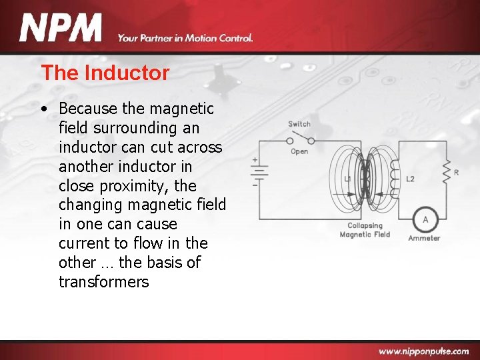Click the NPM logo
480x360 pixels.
[x=61, y=29]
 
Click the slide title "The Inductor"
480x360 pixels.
[x=105, y=73]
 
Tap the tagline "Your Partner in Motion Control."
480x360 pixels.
[x=185, y=38]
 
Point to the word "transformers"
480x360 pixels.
[x=103, y=282]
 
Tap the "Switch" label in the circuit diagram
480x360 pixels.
[x=299, y=124]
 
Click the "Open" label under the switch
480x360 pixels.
[x=299, y=151]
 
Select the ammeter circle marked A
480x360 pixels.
[x=425, y=220]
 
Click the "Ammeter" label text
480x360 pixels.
[x=424, y=238]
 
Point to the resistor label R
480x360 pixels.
[x=456, y=173]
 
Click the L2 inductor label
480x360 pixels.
[x=410, y=179]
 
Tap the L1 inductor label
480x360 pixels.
[x=348, y=179]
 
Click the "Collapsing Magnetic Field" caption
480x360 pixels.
[x=364, y=230]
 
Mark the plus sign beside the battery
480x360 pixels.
[x=255, y=160]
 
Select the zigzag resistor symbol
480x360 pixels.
[x=446, y=172]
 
